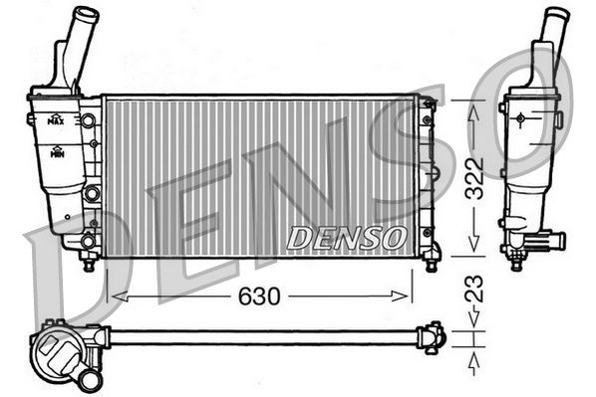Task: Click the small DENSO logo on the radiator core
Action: pos(346,238)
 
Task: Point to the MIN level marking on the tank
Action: pos(57,153)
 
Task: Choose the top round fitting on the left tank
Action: pos(89,120)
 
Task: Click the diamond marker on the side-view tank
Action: pos(520,117)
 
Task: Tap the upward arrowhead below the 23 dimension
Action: pos(474,357)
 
